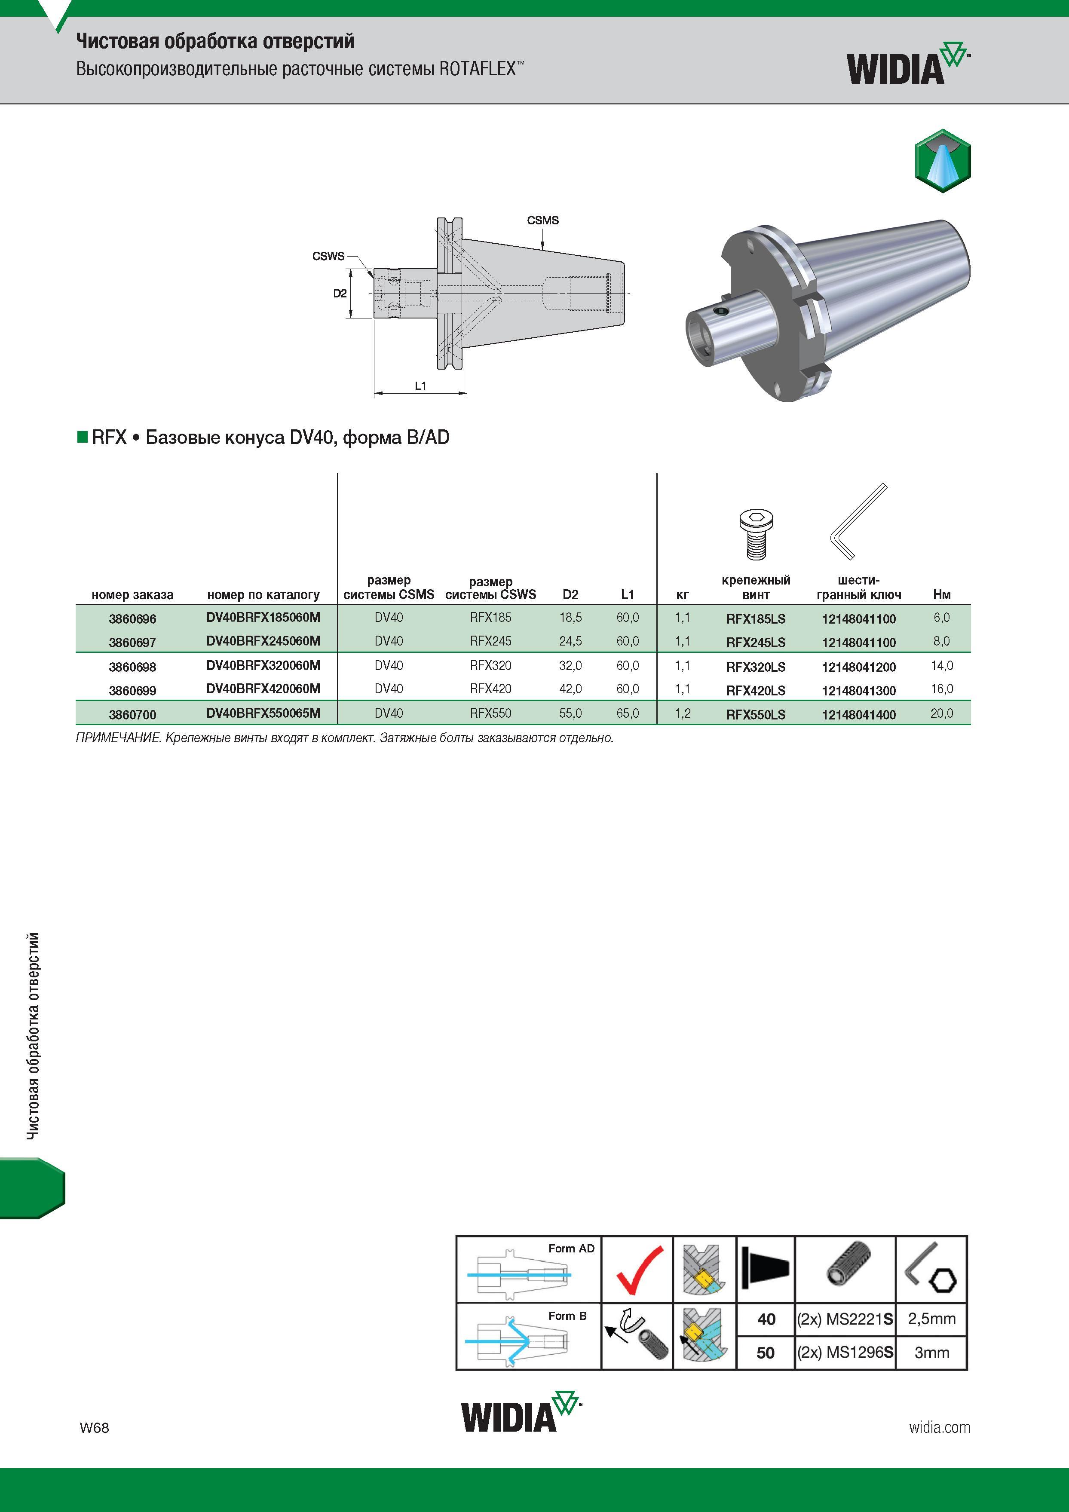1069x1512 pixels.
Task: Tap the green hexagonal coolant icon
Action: [x=943, y=161]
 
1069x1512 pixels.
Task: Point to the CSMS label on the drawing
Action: [x=543, y=220]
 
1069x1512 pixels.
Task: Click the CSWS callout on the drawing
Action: [x=328, y=256]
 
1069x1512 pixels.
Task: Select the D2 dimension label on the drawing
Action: [x=340, y=293]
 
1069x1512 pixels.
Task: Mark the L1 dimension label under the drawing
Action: [x=420, y=386]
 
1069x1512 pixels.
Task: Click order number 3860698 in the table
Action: [x=132, y=667]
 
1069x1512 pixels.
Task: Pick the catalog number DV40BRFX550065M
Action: [x=263, y=713]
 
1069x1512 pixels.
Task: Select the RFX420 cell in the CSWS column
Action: [x=491, y=689]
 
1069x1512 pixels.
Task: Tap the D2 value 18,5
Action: [x=570, y=618]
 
